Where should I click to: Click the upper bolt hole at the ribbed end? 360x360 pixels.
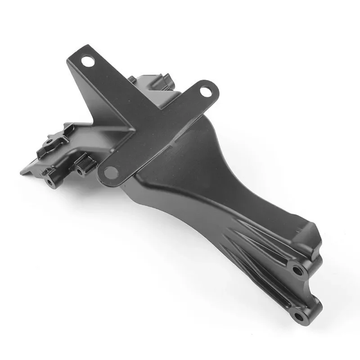[x=297, y=270]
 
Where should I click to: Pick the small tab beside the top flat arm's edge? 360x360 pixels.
[x=131, y=80]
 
